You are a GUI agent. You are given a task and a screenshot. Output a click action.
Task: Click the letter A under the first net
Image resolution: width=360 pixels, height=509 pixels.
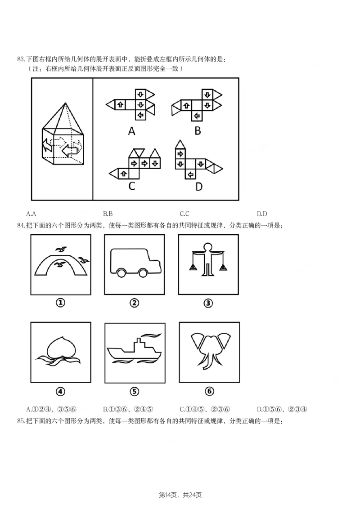coord(131,131)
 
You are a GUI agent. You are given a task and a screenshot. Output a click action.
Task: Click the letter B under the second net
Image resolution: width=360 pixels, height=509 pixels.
coord(198,131)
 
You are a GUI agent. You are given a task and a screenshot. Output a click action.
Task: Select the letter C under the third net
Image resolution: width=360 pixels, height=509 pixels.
coord(131,185)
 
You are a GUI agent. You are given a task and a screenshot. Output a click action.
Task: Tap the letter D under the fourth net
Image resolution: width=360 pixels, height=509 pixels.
coord(199,186)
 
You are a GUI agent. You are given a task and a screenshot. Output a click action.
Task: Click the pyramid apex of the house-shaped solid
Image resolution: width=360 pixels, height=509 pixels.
coord(67,104)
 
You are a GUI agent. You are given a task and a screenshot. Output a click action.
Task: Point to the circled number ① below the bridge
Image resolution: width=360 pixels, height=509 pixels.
coord(60,303)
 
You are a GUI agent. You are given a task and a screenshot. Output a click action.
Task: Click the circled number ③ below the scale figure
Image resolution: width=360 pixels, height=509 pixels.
coord(208,303)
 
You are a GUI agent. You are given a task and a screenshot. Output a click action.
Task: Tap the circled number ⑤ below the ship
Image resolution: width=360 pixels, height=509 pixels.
coord(134,391)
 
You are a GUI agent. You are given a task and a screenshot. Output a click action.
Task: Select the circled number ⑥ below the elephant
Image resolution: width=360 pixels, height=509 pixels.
coord(209,391)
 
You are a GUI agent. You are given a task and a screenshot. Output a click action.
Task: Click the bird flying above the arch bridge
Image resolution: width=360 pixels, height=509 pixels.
coord(62,249)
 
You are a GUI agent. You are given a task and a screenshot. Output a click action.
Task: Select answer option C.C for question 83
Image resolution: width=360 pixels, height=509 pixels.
coord(184,214)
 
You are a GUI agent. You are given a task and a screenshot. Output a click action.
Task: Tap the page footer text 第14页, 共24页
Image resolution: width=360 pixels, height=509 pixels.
coord(180,495)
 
